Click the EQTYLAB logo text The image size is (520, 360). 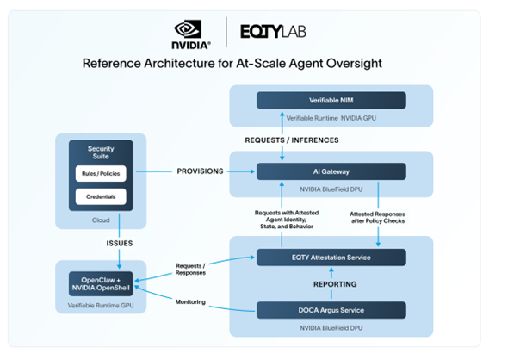pyautogui.click(x=273, y=33)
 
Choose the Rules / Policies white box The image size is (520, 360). pyautogui.click(x=102, y=173)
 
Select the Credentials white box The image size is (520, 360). pyautogui.click(x=102, y=197)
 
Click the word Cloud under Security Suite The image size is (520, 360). pyautogui.click(x=102, y=220)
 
